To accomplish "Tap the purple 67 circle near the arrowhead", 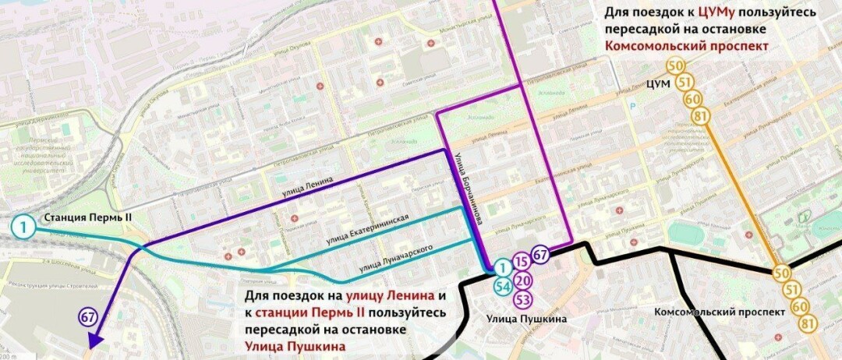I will (x=88, y=316).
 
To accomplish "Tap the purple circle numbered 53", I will (x=523, y=298).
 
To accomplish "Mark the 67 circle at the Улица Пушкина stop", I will (x=541, y=254).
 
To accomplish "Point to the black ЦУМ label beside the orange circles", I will (x=660, y=83).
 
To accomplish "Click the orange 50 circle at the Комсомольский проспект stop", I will (x=782, y=274).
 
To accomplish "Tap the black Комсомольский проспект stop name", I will (x=720, y=312).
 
